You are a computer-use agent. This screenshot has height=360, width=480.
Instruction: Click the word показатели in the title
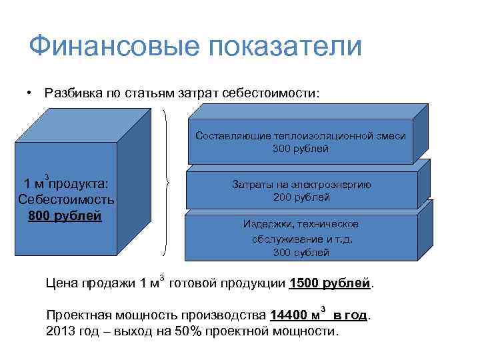tap(284, 47)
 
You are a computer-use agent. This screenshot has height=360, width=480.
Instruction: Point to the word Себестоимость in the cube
tap(67, 199)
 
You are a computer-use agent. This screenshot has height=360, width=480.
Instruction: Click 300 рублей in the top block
tap(301, 148)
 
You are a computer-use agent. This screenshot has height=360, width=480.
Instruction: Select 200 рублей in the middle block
tap(301, 197)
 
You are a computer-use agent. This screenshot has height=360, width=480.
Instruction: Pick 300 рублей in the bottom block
tap(301, 252)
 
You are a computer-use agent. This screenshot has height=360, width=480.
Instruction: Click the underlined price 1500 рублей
tap(330, 283)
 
